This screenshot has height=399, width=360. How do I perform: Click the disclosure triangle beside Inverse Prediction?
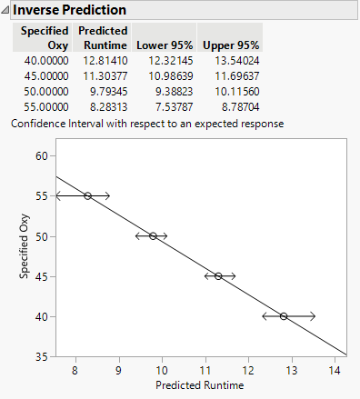point(6,10)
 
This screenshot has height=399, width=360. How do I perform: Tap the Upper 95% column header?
point(230,45)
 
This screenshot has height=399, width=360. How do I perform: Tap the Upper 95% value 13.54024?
point(230,60)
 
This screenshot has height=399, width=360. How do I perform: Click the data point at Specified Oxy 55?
point(87,195)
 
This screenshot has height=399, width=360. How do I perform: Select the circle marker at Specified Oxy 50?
point(153,236)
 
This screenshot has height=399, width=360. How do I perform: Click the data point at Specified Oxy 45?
point(218,276)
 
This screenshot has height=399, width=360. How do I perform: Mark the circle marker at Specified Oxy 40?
point(284,316)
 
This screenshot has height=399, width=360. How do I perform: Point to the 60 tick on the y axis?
point(40,155)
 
